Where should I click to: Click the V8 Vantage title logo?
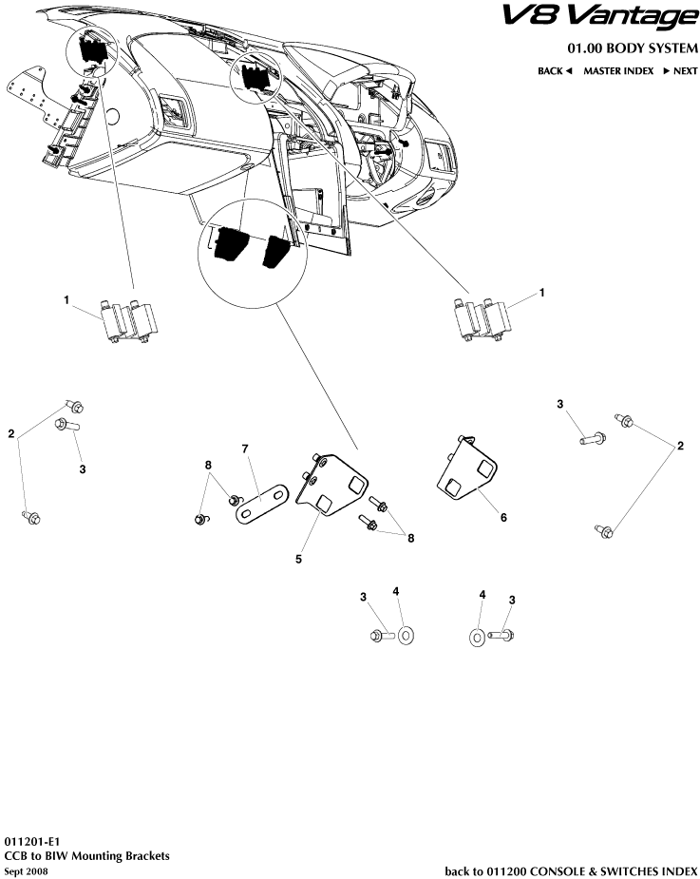point(599,18)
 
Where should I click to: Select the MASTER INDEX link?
point(618,71)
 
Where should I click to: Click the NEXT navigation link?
point(680,71)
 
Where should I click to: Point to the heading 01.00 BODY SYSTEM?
point(634,48)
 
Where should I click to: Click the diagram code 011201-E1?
point(32,842)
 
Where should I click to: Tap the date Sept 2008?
point(26,871)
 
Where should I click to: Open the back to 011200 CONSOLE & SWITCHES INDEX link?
point(571,871)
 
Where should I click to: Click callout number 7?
point(245,449)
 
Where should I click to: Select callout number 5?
point(299,559)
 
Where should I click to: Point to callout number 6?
point(503,517)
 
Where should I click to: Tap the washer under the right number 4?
point(476,637)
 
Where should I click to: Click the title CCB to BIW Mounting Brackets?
point(86,856)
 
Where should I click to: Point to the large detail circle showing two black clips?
point(254,253)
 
